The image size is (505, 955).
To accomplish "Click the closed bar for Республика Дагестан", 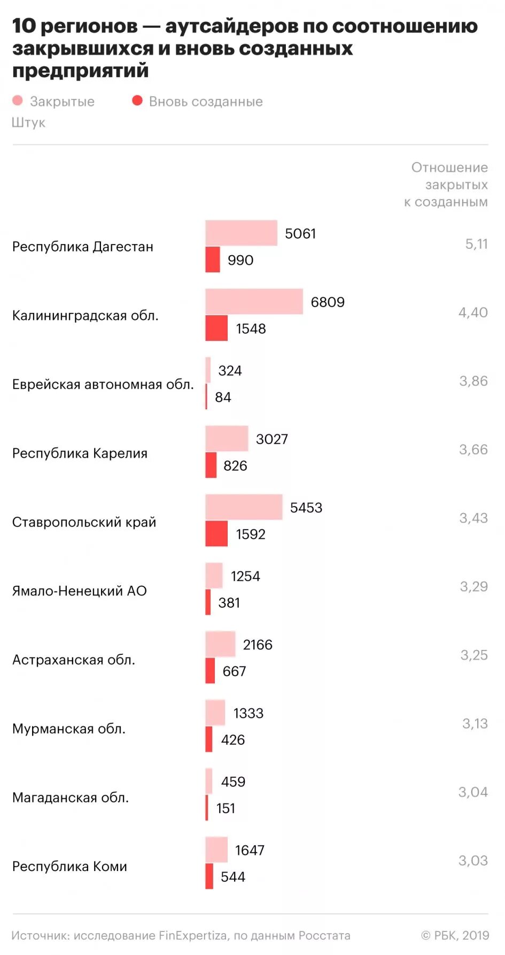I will click(241, 233).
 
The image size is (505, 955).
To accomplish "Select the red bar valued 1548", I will click(216, 328).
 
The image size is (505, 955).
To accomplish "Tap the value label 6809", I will click(328, 302).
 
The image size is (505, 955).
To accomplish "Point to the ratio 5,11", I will click(476, 244).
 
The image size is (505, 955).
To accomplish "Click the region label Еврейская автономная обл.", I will click(103, 384).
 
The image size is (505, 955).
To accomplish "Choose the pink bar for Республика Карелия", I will click(227, 439).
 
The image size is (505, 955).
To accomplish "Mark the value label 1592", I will click(251, 534).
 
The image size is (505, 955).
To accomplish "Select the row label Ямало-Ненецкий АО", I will click(79, 591).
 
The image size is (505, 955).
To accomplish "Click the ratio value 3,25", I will click(474, 655).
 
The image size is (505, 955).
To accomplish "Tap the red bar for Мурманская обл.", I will click(209, 739).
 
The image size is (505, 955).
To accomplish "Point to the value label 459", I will click(233, 782).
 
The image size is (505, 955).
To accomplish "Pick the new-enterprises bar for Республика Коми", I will click(209, 876).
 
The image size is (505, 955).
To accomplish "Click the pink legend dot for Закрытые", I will click(18, 101).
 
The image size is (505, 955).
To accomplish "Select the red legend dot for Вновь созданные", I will click(137, 101).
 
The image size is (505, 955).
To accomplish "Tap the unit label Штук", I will click(28, 123).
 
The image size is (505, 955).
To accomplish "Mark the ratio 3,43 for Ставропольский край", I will click(473, 518).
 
